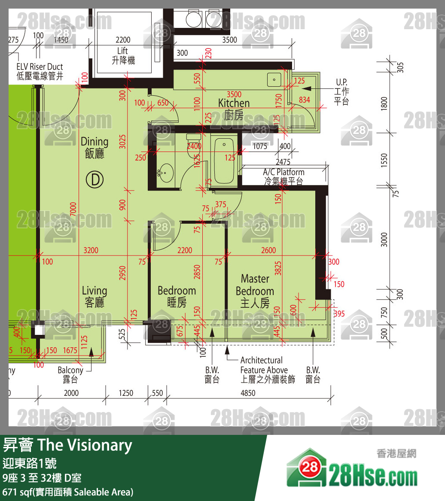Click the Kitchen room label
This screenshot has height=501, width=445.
point(234,109)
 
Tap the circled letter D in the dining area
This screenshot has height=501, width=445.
point(94,180)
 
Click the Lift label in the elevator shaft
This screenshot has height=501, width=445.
point(123,56)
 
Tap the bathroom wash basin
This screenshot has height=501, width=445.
point(165,173)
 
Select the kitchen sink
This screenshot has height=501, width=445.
point(273,79)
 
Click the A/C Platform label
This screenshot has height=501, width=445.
point(283,176)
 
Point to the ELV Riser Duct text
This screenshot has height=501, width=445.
point(40,71)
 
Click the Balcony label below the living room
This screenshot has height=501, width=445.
point(70,374)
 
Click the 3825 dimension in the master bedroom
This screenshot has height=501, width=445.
point(278,268)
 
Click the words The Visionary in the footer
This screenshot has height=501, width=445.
point(85,445)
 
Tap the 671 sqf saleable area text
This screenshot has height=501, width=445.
point(67,492)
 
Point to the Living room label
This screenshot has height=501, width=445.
point(94,297)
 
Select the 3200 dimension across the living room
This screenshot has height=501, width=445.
point(91,250)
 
